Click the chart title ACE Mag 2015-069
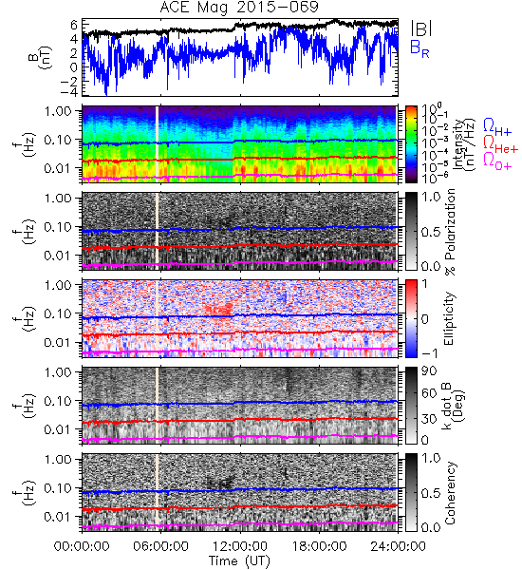click(x=239, y=8)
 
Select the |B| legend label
click(x=420, y=28)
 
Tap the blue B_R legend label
click(x=419, y=48)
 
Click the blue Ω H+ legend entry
click(x=497, y=127)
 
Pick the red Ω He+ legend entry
click(x=500, y=144)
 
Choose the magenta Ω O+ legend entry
click(x=497, y=161)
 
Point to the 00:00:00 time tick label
click(x=82, y=546)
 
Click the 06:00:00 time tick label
click(x=161, y=546)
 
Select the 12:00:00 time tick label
click(x=240, y=546)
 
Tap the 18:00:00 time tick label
click(x=319, y=546)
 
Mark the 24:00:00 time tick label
click(x=398, y=546)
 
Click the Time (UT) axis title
click(x=240, y=560)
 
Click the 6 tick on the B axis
click(x=74, y=25)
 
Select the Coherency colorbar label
click(x=450, y=493)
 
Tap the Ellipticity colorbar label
click(x=449, y=318)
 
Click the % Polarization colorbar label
click(x=451, y=232)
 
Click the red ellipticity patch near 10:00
click(x=219, y=308)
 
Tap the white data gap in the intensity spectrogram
click(x=158, y=144)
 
